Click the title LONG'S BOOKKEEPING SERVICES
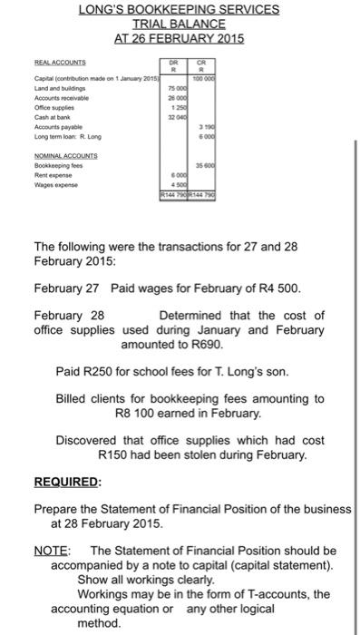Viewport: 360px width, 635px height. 179,10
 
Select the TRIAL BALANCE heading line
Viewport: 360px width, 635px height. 179,24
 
